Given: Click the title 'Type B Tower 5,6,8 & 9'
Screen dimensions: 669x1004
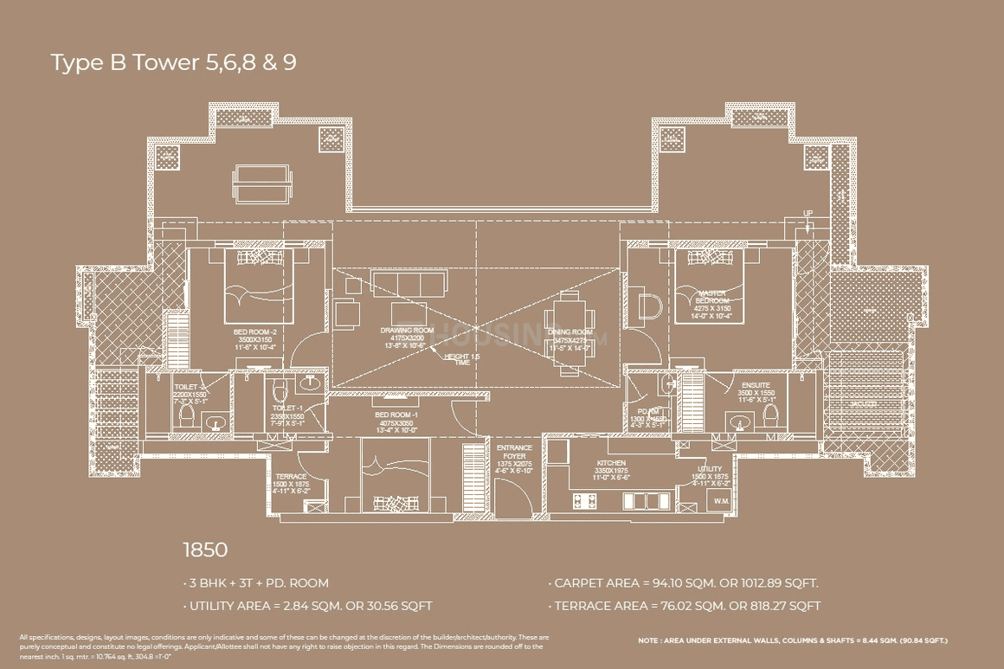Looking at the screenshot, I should coord(173,63).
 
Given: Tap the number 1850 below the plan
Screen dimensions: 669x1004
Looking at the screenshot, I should coord(204,550).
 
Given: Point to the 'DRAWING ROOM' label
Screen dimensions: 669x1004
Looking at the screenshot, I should coord(406,331).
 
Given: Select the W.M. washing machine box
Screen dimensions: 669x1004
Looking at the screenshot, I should coord(720,501).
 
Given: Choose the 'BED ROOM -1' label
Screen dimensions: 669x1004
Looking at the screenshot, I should coord(395,415).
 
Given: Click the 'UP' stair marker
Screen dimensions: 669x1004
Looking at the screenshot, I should coord(808,212).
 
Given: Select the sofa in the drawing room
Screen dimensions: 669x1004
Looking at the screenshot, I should coord(408,284).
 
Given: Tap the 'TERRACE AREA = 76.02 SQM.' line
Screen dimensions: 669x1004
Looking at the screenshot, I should coord(685,606).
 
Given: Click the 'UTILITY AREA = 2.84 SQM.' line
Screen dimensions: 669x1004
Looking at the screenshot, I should coord(307,606).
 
